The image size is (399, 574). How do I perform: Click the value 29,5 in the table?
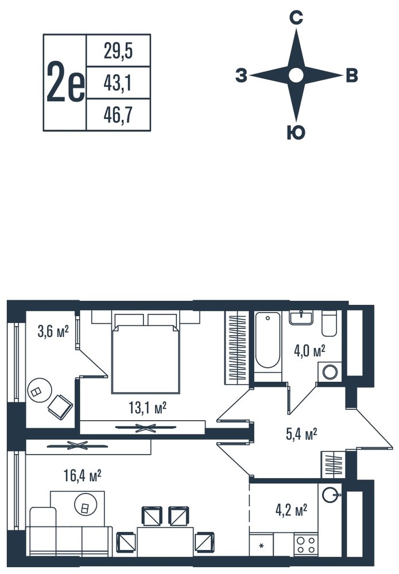[x=118, y=51]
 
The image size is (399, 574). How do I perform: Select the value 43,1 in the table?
[x=118, y=83]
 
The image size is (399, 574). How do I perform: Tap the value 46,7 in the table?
[x=118, y=115]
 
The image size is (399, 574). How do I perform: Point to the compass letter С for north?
[x=296, y=18]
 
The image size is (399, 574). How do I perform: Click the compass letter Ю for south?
[x=296, y=133]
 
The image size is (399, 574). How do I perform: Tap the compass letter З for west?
[x=241, y=76]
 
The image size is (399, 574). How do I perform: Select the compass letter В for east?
[x=352, y=76]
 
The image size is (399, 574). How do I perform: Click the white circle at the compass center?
[x=296, y=75]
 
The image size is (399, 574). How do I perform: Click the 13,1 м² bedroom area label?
[x=148, y=408]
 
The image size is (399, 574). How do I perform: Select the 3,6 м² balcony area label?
[x=53, y=331]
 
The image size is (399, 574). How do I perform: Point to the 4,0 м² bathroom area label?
[x=309, y=351]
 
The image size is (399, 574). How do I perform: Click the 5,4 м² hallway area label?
[x=301, y=434]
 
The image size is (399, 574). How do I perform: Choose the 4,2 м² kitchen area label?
[x=292, y=509]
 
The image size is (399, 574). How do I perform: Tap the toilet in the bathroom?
[x=331, y=323]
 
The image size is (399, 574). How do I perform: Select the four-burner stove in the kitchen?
[x=306, y=545]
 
